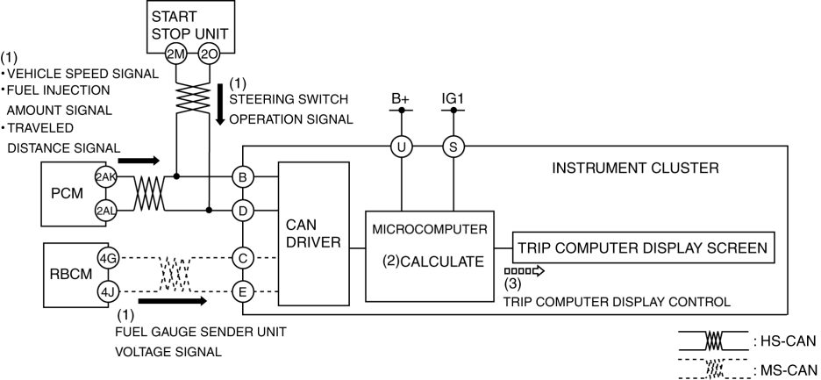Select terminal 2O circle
[209, 53]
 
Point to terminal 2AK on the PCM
[107, 177]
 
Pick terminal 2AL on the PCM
[107, 211]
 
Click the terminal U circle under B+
[401, 147]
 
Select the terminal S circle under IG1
[453, 147]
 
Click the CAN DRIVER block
[313, 233]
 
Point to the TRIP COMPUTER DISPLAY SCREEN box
[645, 247]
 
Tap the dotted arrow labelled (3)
[525, 270]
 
